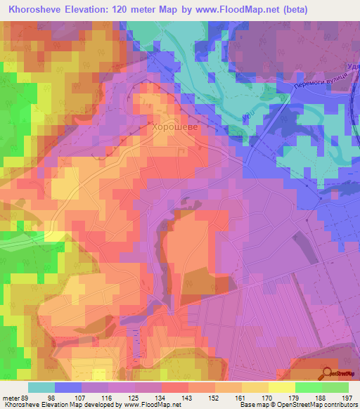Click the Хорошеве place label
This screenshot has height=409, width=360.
coord(176,128)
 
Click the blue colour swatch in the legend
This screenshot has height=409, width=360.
coord(67,387)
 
